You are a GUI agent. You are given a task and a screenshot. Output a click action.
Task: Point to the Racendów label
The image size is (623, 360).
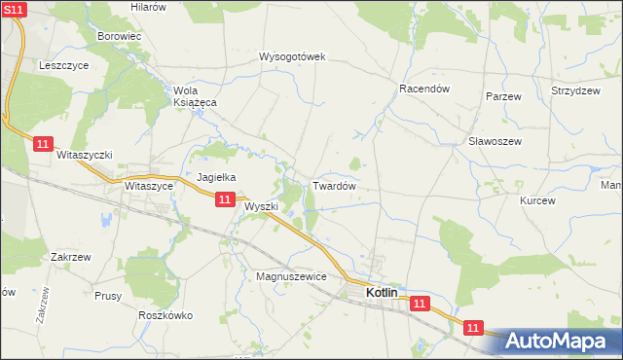[423, 88]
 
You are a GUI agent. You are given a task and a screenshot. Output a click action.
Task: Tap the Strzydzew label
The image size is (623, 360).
[574, 90]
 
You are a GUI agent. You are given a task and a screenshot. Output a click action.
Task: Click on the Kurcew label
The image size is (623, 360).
[537, 200]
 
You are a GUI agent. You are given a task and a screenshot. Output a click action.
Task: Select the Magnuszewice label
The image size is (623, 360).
[290, 276]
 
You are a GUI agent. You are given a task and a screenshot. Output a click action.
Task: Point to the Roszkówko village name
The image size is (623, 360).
[165, 315]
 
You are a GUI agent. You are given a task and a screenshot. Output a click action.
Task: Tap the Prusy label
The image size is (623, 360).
[107, 295]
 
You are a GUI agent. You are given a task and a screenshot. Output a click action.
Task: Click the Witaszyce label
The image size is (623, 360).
[149, 185]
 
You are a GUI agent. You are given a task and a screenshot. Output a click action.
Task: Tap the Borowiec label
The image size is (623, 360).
[120, 37]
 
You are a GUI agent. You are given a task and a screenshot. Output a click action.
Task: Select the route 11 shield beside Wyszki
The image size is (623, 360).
[225, 199]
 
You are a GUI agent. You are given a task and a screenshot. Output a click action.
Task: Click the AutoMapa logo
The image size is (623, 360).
[559, 340]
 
